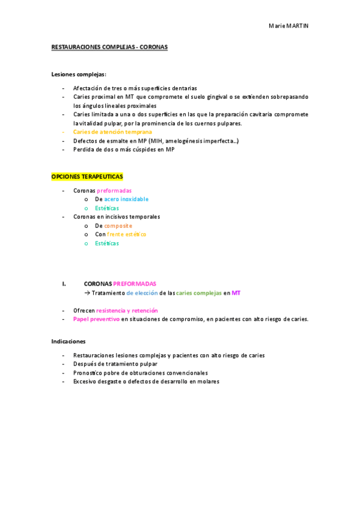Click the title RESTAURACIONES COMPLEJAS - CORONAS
(x=109, y=47)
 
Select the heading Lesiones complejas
(x=79, y=74)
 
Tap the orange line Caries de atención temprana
(x=112, y=132)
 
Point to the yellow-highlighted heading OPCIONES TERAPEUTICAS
(x=87, y=176)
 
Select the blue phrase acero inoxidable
(x=126, y=199)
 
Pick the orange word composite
(x=118, y=226)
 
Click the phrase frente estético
(x=127, y=235)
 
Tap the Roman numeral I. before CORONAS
(x=63, y=283)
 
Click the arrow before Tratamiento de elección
(x=87, y=293)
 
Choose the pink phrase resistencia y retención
(x=126, y=310)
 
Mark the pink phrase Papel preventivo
(x=96, y=319)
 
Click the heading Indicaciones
(x=69, y=341)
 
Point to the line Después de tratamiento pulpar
(x=115, y=364)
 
